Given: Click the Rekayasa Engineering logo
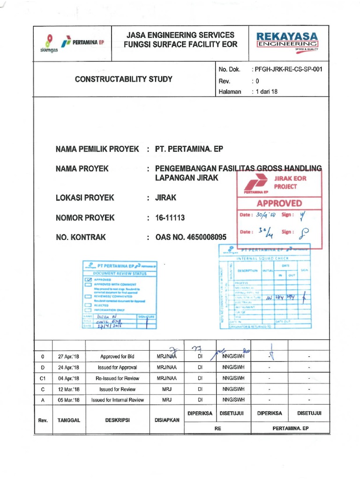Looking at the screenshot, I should click(287, 41).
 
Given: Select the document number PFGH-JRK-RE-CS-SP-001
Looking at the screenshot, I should click(287, 69).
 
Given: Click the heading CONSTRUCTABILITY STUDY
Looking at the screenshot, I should click(124, 79).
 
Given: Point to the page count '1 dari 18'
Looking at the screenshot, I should click(265, 92).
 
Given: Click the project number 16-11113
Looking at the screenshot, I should click(170, 217).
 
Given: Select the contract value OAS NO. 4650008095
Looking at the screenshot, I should click(191, 237).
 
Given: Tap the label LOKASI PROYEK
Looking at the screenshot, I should click(85, 198).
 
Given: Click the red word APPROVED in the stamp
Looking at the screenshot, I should click(279, 203).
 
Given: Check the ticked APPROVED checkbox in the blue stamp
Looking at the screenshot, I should click(88, 279).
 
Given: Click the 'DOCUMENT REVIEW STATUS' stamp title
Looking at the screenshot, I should click(119, 273).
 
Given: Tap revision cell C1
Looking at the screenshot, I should click(43, 378).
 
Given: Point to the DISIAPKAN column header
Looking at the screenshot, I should click(167, 420).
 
